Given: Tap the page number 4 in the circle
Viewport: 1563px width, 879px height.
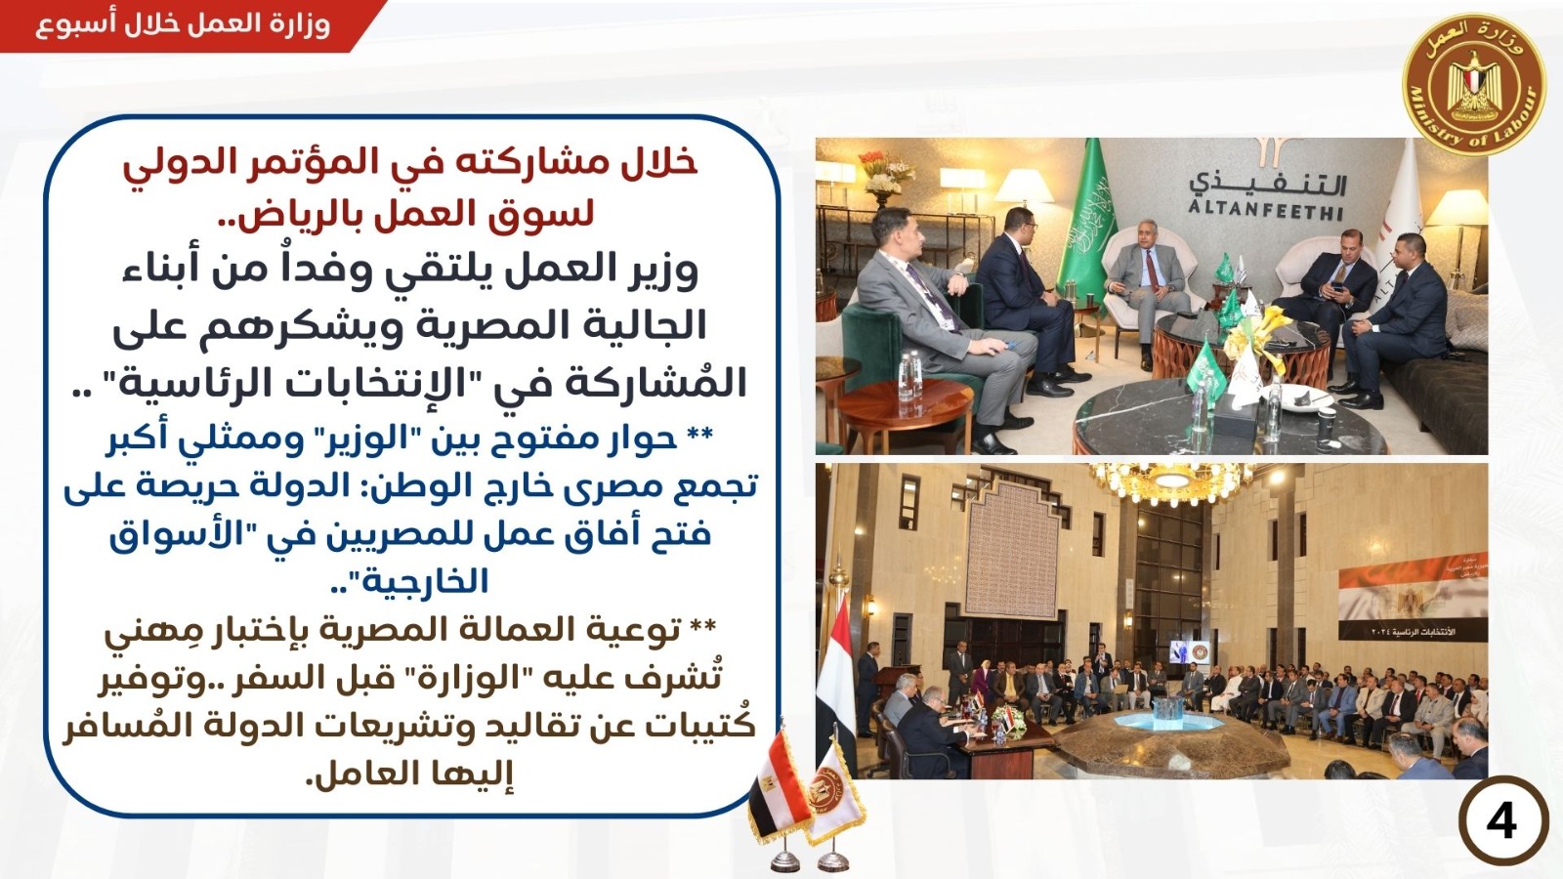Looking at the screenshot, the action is click(x=1501, y=821).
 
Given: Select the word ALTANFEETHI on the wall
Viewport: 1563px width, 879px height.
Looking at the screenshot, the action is click(x=1266, y=209).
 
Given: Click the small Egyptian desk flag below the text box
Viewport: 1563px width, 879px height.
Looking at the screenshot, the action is click(x=778, y=795).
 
